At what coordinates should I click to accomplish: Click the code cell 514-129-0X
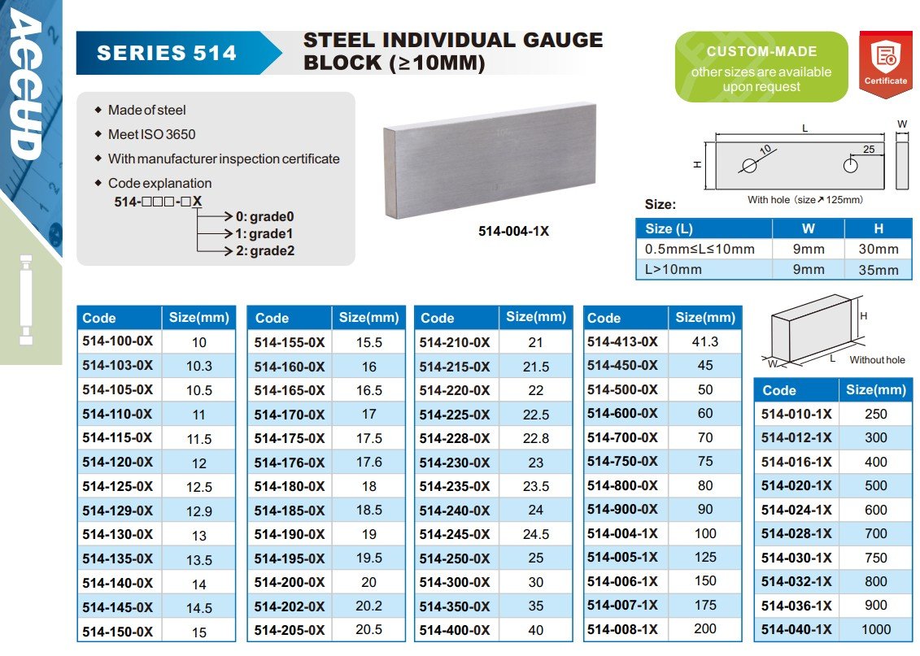coord(118,510)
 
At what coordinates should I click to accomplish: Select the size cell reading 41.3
coord(704,342)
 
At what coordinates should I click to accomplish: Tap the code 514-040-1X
coord(796,629)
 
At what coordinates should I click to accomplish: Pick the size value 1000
coord(875,629)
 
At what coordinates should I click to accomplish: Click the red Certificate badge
coord(885,63)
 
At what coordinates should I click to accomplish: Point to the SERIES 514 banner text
coord(167,54)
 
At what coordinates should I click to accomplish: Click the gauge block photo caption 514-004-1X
coord(513,231)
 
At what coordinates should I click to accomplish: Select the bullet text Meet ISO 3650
coord(151,134)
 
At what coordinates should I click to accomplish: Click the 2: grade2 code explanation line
coord(264,250)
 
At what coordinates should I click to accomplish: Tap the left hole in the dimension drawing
coord(749,165)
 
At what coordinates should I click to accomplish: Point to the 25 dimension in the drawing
coord(869,150)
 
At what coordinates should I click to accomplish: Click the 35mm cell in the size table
coord(878,270)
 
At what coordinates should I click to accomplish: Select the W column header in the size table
coord(808,228)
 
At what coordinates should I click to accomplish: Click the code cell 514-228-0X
coord(455,438)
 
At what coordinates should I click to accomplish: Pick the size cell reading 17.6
coord(368,462)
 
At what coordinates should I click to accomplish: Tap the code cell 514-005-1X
coord(622,558)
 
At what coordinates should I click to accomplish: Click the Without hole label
coord(877,359)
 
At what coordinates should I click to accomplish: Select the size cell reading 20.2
coord(368,606)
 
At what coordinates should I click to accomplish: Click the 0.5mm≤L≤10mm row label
coord(700,249)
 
